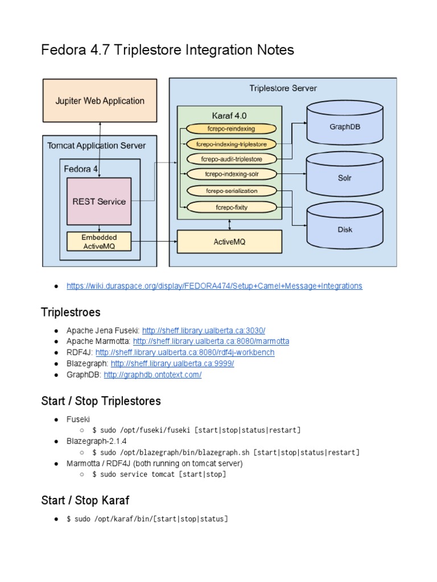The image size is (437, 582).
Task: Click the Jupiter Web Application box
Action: point(100,101)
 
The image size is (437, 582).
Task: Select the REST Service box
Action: point(99,201)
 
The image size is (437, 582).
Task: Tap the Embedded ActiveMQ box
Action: point(99,242)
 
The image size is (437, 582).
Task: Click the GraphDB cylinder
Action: point(345,127)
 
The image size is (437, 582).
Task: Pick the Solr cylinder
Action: point(345,178)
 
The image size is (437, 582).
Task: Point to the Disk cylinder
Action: point(345,230)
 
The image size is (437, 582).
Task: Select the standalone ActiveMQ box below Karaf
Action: point(229,242)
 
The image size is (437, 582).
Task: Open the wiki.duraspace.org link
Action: point(214,286)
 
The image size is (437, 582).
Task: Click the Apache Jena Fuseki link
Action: point(204,330)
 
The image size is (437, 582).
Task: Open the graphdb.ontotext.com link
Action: point(152,375)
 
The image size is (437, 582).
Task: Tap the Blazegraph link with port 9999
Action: point(172,364)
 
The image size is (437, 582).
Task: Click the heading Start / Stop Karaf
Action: point(85,500)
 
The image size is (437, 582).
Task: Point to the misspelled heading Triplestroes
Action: point(71,311)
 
